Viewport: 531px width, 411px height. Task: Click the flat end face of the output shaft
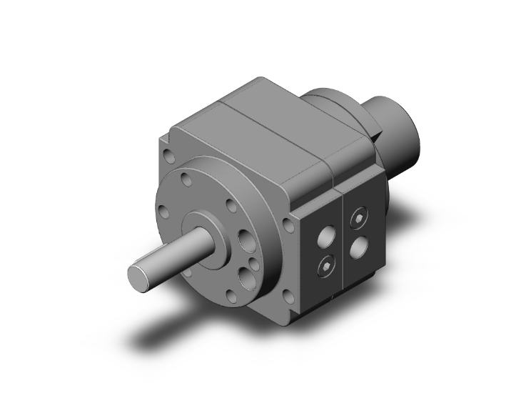coord(136,276)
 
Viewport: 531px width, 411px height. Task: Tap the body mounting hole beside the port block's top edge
coord(289,225)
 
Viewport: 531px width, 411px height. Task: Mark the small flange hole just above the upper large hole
coord(232,207)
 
